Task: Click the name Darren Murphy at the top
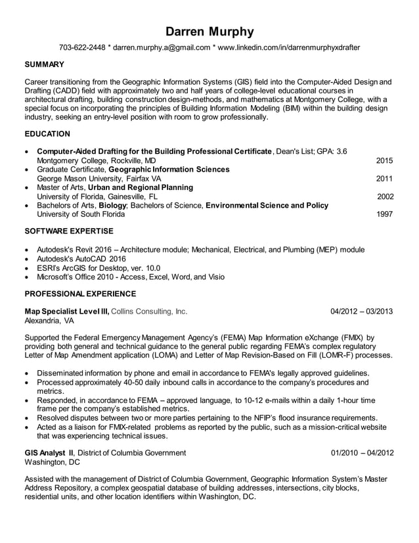click(209, 32)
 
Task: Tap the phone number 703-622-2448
click(82, 48)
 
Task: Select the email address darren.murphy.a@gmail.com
click(162, 48)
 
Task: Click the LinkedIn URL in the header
click(288, 48)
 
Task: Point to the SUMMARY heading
click(44, 64)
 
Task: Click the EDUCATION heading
click(47, 134)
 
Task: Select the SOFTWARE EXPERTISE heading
click(69, 231)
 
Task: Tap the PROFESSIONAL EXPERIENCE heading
click(80, 294)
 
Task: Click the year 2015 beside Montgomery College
click(384, 160)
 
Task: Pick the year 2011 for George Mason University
click(384, 178)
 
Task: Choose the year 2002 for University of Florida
click(385, 196)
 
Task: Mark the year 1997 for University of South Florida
click(385, 214)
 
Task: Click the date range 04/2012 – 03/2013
click(362, 312)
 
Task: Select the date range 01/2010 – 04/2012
click(362, 452)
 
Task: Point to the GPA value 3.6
click(341, 151)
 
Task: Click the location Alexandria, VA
click(49, 321)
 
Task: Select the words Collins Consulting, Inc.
click(150, 312)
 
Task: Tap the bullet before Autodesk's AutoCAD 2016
click(27, 259)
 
